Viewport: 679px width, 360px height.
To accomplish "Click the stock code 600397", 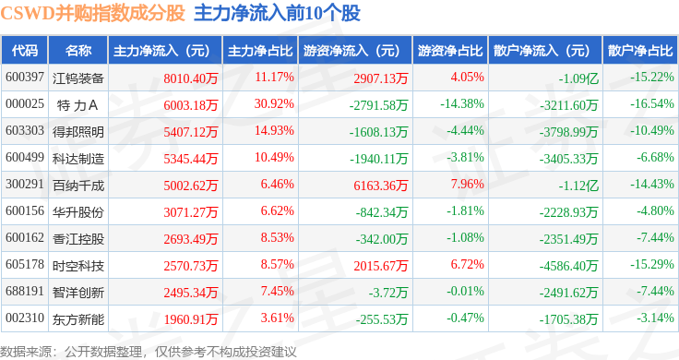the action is (x=25, y=78).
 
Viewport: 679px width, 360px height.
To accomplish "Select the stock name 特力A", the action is (x=77, y=105).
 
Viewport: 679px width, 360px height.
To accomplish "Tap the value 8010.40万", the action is (x=191, y=78).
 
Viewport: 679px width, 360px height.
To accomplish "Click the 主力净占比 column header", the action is (x=260, y=51).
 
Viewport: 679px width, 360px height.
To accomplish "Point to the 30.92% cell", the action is (x=274, y=104).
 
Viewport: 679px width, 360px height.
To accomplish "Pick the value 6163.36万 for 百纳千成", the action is (x=381, y=186).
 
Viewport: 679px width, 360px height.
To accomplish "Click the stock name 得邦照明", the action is (x=77, y=132).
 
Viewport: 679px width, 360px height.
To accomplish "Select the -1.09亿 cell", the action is (x=578, y=78).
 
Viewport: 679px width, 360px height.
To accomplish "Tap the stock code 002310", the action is (x=25, y=318).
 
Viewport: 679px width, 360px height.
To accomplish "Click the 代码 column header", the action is (x=25, y=51).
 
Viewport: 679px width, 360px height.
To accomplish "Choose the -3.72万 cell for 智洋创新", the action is (x=388, y=293).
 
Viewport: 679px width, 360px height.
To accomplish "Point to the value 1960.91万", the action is (x=191, y=319).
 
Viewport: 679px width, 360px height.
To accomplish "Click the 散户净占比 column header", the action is (x=640, y=51).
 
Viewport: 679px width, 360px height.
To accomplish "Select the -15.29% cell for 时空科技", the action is (x=652, y=264).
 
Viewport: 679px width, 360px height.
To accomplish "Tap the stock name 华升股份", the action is (x=77, y=212).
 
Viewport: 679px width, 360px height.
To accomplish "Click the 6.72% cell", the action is (x=467, y=264).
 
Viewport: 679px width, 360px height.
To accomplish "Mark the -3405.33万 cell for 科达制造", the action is (x=568, y=159).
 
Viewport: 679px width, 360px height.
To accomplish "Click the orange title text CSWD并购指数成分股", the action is (x=92, y=13).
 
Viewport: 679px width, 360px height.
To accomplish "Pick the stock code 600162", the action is (x=25, y=238).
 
